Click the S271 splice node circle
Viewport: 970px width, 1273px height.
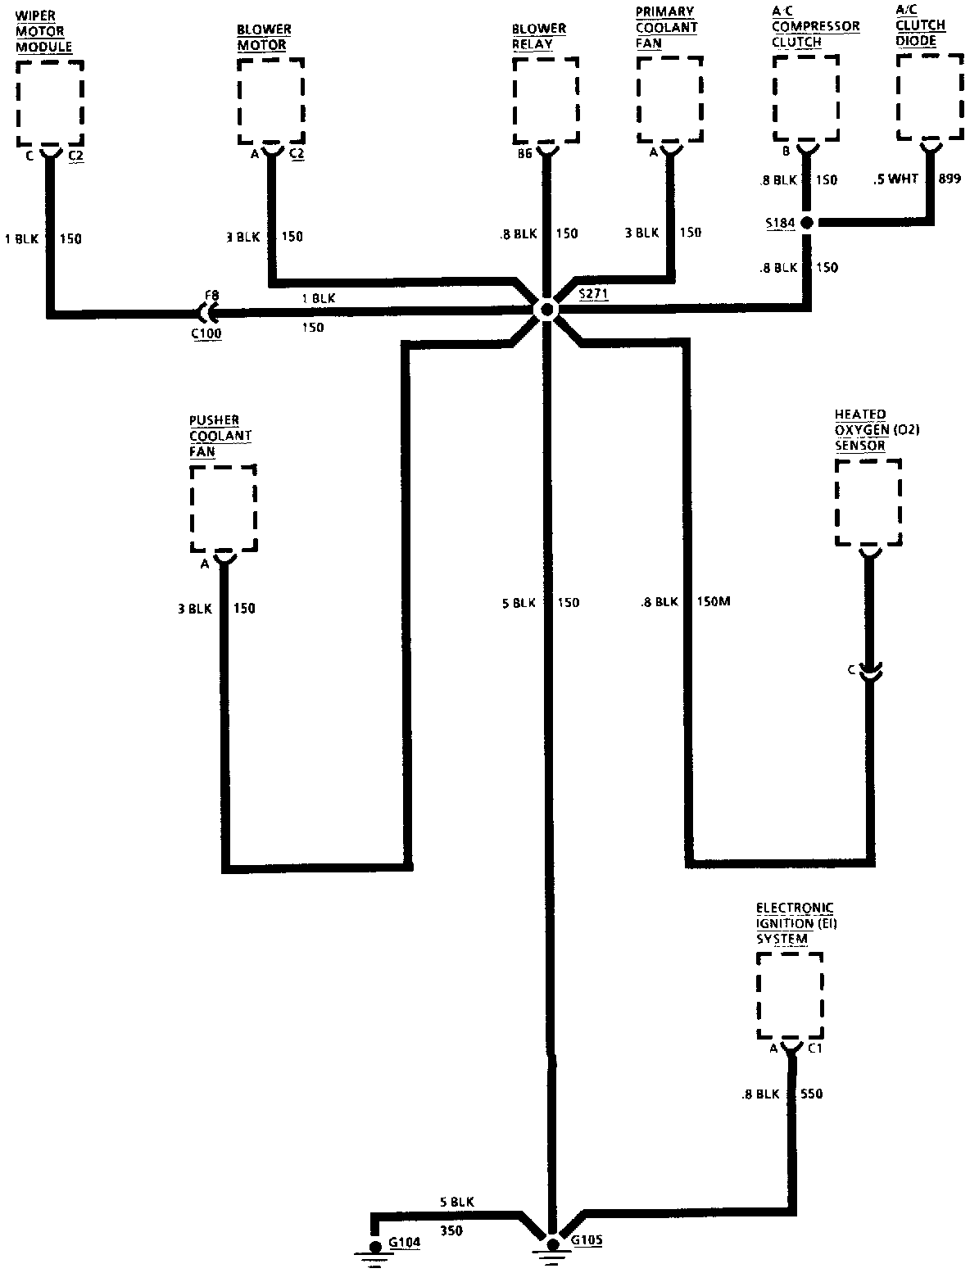point(545,310)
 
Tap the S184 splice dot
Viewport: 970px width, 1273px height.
point(807,222)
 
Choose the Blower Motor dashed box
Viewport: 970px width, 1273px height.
point(271,100)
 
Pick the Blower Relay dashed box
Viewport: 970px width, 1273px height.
point(546,100)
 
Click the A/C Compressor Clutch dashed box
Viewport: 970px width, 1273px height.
point(806,98)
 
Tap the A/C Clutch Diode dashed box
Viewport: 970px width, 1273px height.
point(929,98)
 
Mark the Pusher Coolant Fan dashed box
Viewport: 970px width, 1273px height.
point(223,509)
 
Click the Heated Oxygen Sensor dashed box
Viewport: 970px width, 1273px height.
point(868,501)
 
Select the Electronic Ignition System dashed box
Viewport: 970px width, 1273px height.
point(790,995)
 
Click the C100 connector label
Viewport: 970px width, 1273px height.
point(206,333)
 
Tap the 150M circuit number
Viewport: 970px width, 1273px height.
point(713,602)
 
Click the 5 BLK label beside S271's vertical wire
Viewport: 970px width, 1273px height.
point(518,603)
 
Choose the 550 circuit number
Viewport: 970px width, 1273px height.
point(811,1094)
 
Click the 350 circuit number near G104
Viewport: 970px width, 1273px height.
point(452,1230)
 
